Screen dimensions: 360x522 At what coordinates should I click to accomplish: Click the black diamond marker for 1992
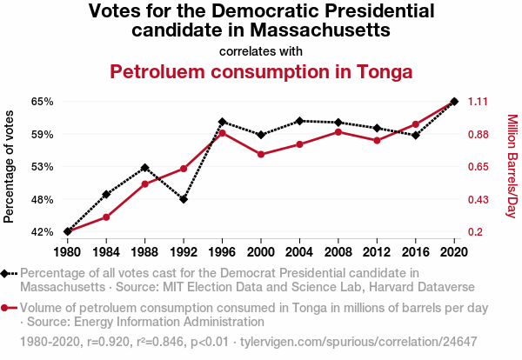click(x=184, y=199)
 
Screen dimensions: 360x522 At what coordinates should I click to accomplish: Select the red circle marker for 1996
click(x=223, y=133)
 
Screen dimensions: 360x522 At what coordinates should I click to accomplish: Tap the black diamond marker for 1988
click(x=145, y=167)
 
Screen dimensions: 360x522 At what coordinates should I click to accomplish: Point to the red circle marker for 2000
click(x=261, y=155)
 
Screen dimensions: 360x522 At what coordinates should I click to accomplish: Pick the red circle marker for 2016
click(x=416, y=124)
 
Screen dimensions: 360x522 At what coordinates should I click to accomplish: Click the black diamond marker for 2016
click(x=416, y=135)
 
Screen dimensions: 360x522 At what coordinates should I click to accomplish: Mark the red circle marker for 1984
click(x=106, y=217)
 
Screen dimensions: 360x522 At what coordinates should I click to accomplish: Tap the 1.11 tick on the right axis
click(x=480, y=102)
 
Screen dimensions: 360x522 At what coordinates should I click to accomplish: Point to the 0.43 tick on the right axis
click(x=480, y=199)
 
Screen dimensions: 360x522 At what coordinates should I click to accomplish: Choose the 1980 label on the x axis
click(x=68, y=252)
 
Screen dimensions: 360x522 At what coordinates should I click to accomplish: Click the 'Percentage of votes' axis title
click(x=10, y=166)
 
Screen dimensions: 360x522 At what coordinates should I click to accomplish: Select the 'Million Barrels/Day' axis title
click(x=512, y=166)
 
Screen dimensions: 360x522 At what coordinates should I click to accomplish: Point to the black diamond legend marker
click(x=8, y=273)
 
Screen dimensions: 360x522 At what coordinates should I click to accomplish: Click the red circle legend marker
click(x=8, y=308)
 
